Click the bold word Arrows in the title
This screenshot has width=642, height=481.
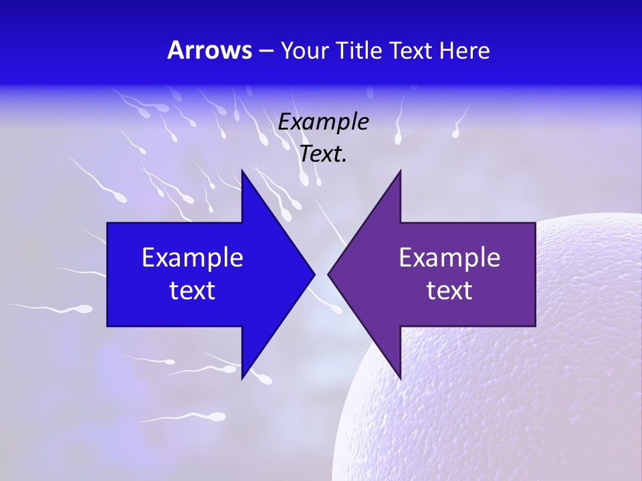209,50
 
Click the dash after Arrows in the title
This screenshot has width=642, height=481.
265,51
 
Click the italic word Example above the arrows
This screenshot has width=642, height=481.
323,122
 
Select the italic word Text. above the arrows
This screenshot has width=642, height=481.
323,154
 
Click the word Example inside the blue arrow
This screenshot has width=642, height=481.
193,258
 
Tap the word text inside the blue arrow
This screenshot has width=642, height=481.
193,291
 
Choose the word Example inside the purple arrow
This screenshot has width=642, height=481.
449,258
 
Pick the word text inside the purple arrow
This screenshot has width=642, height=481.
449,291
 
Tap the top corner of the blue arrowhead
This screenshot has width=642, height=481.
242,172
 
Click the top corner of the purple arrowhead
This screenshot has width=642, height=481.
400,172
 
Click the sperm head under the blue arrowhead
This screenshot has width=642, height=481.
265,380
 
